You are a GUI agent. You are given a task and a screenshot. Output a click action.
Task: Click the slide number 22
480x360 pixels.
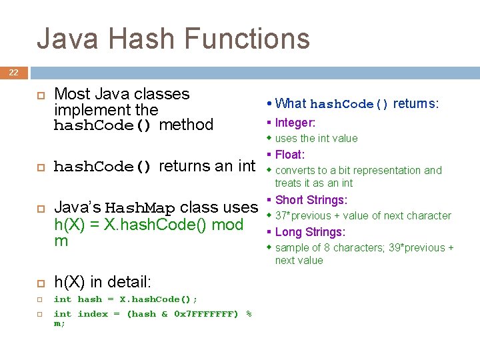pyautogui.click(x=14, y=73)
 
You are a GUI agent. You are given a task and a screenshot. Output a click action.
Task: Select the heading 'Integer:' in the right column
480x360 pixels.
pyautogui.click(x=295, y=123)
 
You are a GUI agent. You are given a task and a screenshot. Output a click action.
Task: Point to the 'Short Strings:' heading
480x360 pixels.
pyautogui.click(x=311, y=200)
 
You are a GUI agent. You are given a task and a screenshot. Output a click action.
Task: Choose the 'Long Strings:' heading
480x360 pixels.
pyautogui.click(x=309, y=232)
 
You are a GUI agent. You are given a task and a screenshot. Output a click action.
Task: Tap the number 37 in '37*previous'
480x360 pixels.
pyautogui.click(x=281, y=215)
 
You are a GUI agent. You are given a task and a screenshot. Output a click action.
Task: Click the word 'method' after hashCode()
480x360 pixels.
pyautogui.click(x=187, y=125)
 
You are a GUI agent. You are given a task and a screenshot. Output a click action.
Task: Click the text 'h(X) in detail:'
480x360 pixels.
pyautogui.click(x=103, y=283)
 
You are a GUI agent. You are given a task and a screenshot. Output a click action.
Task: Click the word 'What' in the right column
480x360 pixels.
pyautogui.click(x=291, y=103)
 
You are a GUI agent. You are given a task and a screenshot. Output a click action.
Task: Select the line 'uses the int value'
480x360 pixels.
pyautogui.click(x=316, y=138)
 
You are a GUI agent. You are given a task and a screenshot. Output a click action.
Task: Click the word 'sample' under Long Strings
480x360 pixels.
pyautogui.click(x=292, y=247)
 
